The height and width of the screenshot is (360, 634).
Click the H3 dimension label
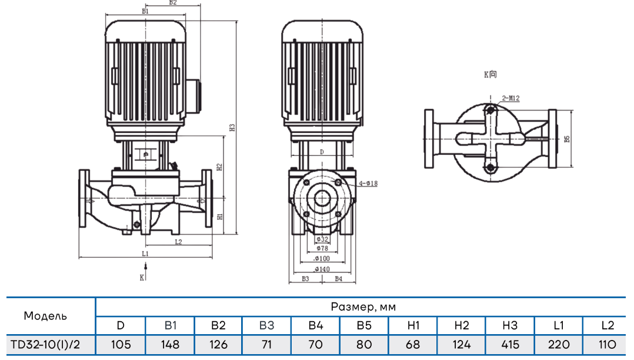(x=232, y=126)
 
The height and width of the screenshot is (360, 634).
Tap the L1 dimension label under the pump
(x=145, y=253)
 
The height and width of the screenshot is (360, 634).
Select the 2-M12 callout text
(x=510, y=99)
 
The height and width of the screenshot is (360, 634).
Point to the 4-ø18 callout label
(x=368, y=184)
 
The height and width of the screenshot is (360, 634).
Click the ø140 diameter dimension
(x=321, y=269)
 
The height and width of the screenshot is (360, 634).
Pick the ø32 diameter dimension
(x=321, y=239)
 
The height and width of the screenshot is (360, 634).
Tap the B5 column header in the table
(x=364, y=325)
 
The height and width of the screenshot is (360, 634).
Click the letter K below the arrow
(x=142, y=276)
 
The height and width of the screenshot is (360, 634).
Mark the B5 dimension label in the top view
(x=567, y=139)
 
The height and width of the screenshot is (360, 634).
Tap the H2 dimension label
(x=219, y=166)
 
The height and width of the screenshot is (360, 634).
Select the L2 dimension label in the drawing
(x=178, y=241)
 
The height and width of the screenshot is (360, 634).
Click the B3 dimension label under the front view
(x=305, y=278)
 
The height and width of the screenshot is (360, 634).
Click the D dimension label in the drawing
(x=321, y=152)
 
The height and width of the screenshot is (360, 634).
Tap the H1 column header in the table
(x=413, y=325)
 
